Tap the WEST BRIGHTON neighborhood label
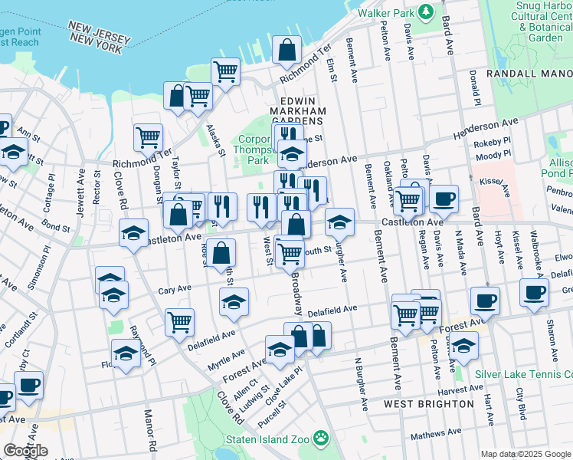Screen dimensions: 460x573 point(428,403)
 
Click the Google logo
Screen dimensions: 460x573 point(25,451)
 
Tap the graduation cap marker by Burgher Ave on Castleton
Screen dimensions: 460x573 point(339,222)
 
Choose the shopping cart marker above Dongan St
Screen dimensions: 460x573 point(148,137)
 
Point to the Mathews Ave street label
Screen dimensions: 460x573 point(436,434)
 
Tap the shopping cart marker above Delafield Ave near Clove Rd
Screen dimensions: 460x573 point(179,322)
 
